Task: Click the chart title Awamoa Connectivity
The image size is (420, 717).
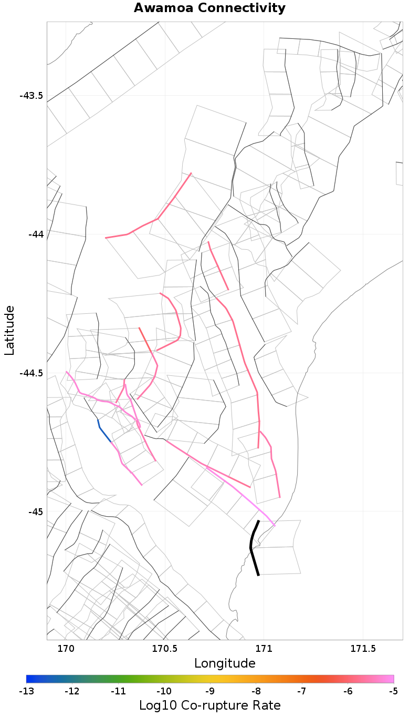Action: pos(209,8)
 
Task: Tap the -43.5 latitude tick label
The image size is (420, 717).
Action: pos(31,96)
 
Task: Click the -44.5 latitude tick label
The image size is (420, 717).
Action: pos(31,373)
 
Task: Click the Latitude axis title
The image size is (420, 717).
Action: pos(10,330)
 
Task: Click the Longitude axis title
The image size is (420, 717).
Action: pos(225,663)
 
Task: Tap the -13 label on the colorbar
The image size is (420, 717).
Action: pos(26,691)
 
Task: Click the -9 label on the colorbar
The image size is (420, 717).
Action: pos(210,691)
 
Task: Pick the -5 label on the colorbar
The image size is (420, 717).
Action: pos(394,691)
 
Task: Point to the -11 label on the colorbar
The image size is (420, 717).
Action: pos(118,691)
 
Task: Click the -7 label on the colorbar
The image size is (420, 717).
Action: pos(302,691)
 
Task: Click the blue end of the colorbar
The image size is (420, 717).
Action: pos(29,679)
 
